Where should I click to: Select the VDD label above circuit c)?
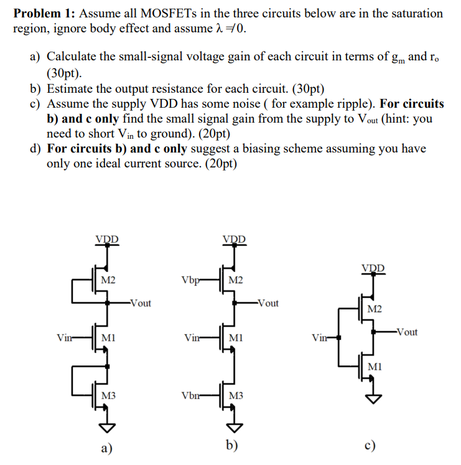tap(373, 268)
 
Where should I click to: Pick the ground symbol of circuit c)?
tap(373, 399)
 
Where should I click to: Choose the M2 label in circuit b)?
tap(236, 279)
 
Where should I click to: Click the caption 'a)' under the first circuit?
tap(106, 448)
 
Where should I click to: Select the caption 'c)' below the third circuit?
tap(371, 448)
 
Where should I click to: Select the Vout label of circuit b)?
tap(268, 303)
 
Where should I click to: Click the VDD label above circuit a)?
tap(108, 239)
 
